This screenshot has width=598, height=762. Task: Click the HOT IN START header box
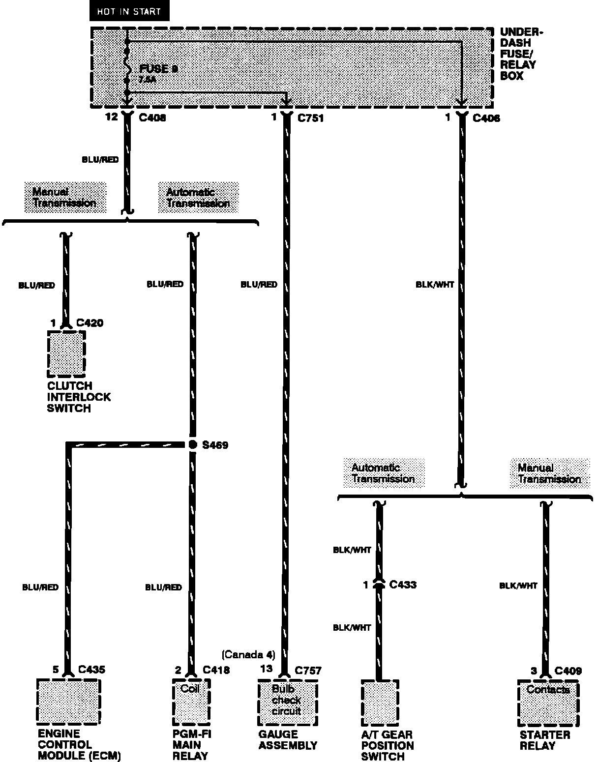click(x=129, y=11)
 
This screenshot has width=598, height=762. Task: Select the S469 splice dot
click(x=193, y=444)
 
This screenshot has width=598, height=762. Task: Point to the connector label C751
click(x=310, y=118)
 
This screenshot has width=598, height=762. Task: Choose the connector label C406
click(x=486, y=118)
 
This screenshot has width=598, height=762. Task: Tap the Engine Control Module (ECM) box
click(x=68, y=702)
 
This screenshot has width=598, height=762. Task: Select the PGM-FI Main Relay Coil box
click(x=191, y=703)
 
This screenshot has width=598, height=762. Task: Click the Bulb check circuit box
click(x=287, y=703)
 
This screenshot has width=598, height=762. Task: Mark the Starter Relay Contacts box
click(x=548, y=703)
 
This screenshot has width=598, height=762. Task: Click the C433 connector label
click(x=403, y=585)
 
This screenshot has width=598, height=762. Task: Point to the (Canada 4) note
click(x=248, y=655)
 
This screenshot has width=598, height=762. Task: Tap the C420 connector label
click(x=90, y=323)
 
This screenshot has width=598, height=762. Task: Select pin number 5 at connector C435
click(x=56, y=670)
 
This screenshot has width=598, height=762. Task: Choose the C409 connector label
click(x=568, y=671)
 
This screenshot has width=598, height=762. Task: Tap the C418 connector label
click(x=216, y=670)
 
